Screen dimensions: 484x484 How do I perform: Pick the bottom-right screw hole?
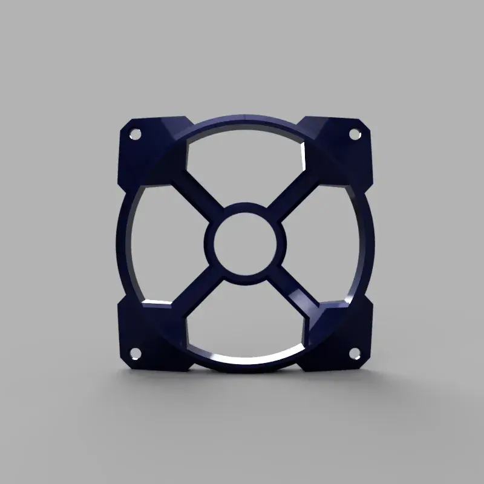point(355,350)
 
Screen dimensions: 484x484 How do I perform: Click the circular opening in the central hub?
point(245,241)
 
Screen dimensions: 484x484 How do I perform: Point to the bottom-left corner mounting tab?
point(148,339)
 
